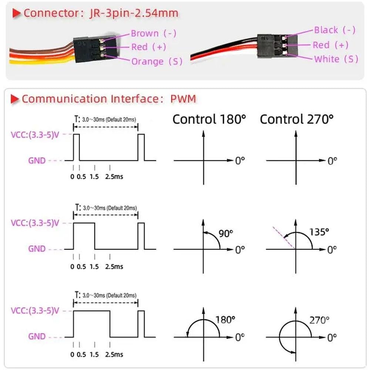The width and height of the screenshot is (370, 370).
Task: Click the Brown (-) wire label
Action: pyautogui.click(x=154, y=34)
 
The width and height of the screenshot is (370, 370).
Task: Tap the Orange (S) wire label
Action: pyautogui.click(x=157, y=61)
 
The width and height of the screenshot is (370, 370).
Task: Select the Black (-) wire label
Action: pyautogui.click(x=334, y=30)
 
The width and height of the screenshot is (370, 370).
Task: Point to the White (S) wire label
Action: pyautogui.click(x=336, y=59)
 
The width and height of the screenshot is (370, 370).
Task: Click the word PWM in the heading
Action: pyautogui.click(x=183, y=99)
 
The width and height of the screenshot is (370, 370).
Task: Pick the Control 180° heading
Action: pyautogui.click(x=209, y=119)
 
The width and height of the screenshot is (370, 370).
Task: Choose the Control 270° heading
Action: pyautogui.click(x=297, y=119)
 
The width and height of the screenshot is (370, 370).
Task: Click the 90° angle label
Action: pyautogui.click(x=226, y=233)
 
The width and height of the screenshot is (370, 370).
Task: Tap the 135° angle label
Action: pyautogui.click(x=319, y=232)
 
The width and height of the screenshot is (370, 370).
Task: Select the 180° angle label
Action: pyautogui.click(x=225, y=320)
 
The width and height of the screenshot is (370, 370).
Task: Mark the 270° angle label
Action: pyautogui.click(x=319, y=320)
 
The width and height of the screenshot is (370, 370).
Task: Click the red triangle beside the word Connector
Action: pyautogui.click(x=16, y=13)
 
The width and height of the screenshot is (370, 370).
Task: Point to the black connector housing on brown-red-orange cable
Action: pyautogui.click(x=95, y=49)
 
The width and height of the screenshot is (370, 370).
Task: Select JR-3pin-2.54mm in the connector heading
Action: pyautogui.click(x=134, y=13)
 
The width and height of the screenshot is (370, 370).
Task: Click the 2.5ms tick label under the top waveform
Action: pyautogui.click(x=114, y=176)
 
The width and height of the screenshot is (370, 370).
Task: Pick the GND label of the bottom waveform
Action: pyautogui.click(x=37, y=336)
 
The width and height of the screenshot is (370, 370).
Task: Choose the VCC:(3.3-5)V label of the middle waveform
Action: pyautogui.click(x=35, y=223)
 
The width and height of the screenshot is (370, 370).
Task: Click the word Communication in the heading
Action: pyautogui.click(x=64, y=99)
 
